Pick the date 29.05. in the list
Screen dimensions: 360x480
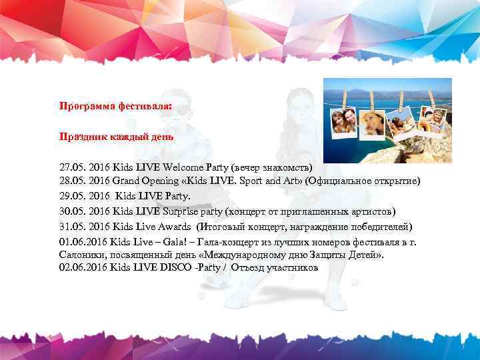73,197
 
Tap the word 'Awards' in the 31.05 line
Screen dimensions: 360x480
163,227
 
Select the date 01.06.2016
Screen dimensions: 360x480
83,242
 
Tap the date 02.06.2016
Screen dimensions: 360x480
83,267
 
